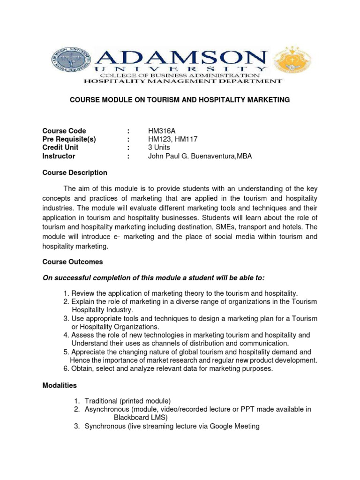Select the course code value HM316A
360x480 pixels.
point(163,131)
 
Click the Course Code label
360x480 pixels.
point(64,131)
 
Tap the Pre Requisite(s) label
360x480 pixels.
point(69,139)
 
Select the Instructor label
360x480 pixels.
point(59,156)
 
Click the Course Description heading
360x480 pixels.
point(75,172)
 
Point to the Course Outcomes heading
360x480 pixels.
point(73,262)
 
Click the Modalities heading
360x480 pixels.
point(60,385)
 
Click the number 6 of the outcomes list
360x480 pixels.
point(66,368)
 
